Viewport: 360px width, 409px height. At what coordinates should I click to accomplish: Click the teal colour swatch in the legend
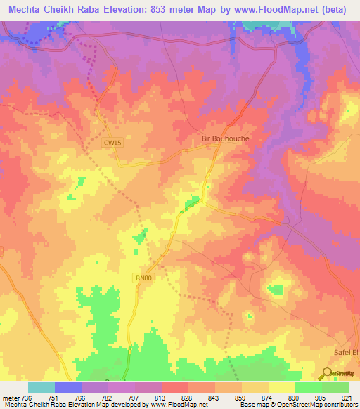pos(41,387)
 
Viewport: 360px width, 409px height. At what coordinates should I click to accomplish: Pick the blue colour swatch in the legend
pos(67,387)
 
